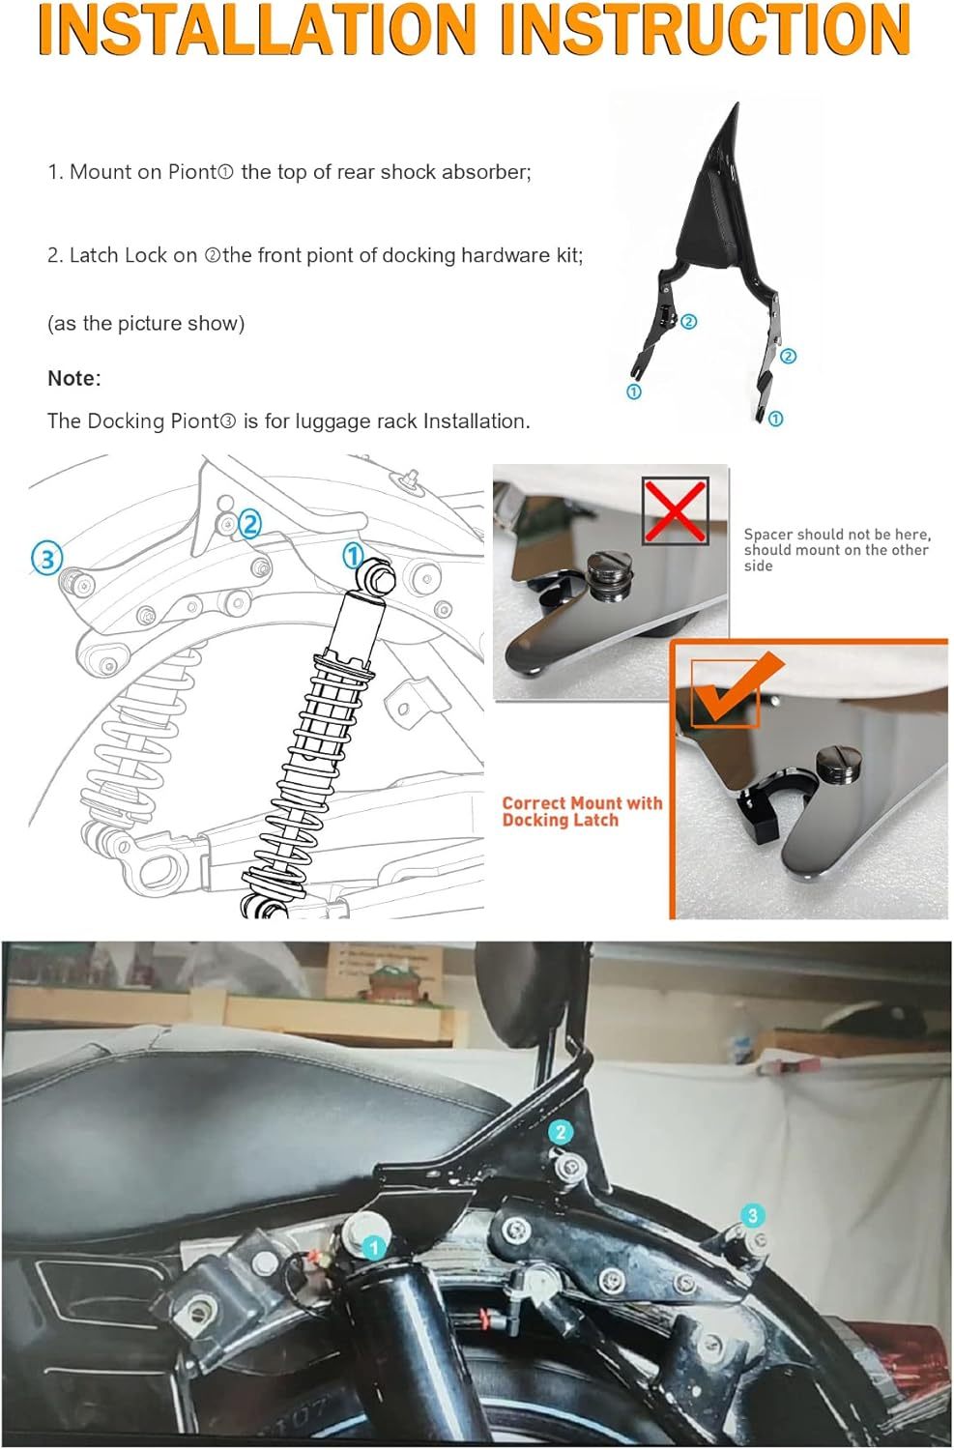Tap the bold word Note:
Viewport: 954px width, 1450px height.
point(73,378)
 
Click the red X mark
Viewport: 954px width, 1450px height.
point(675,508)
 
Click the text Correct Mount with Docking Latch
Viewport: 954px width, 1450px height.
point(581,811)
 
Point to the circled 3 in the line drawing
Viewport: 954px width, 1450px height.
point(46,558)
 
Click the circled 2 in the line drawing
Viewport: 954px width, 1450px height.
point(249,523)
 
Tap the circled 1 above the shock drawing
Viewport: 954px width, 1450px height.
point(353,556)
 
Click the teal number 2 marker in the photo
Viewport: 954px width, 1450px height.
point(560,1132)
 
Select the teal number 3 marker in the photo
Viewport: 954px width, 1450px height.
point(752,1216)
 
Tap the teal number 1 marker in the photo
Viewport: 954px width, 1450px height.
point(374,1248)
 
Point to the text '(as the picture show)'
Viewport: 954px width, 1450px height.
point(146,323)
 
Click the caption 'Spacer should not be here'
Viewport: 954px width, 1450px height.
point(836,534)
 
